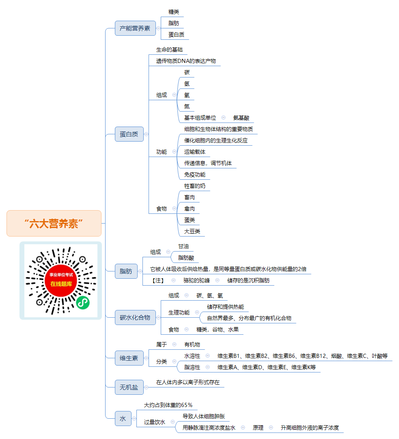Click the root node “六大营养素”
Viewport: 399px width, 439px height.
tap(54, 224)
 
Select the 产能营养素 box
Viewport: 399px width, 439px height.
tap(135, 28)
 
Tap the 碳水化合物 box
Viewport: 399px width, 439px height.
tap(135, 318)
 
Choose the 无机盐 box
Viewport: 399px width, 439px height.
tap(129, 387)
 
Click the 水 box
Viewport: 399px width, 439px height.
tap(123, 419)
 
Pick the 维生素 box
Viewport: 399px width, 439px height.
tap(129, 358)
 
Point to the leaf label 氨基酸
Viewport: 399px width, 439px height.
tap(241, 118)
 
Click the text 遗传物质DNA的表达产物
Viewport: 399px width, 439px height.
tap(186, 61)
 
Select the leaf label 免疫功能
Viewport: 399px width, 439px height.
tap(194, 175)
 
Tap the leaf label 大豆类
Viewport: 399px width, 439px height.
tap(192, 232)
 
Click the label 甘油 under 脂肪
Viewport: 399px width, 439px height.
tap(183, 246)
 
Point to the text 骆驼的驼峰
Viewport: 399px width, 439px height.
tap(196, 280)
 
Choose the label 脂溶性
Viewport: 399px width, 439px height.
tap(192, 367)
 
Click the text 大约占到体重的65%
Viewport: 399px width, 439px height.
tap(168, 405)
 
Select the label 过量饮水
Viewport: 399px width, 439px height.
tap(155, 422)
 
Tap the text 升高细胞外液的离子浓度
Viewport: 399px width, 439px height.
tap(310, 428)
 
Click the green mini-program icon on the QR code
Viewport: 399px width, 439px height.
tap(83, 302)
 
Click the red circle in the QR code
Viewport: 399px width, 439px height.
tap(61, 280)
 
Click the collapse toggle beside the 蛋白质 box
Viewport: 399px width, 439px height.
tap(146, 134)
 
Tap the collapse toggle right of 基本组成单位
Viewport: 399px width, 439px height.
tap(223, 118)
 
